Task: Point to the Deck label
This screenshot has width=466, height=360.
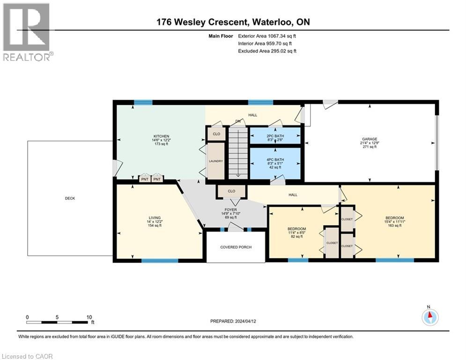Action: click(x=70, y=198)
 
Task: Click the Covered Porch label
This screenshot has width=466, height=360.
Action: click(x=236, y=247)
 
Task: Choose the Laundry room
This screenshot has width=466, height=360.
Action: click(x=216, y=161)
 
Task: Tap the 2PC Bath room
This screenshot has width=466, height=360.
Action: click(x=274, y=135)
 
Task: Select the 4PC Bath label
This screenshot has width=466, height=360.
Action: click(x=274, y=161)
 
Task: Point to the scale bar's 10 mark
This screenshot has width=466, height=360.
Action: click(x=89, y=317)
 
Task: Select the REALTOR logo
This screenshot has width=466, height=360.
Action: click(x=27, y=31)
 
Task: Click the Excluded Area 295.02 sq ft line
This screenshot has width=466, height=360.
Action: click(x=267, y=51)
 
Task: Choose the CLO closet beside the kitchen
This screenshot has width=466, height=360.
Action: click(x=216, y=134)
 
